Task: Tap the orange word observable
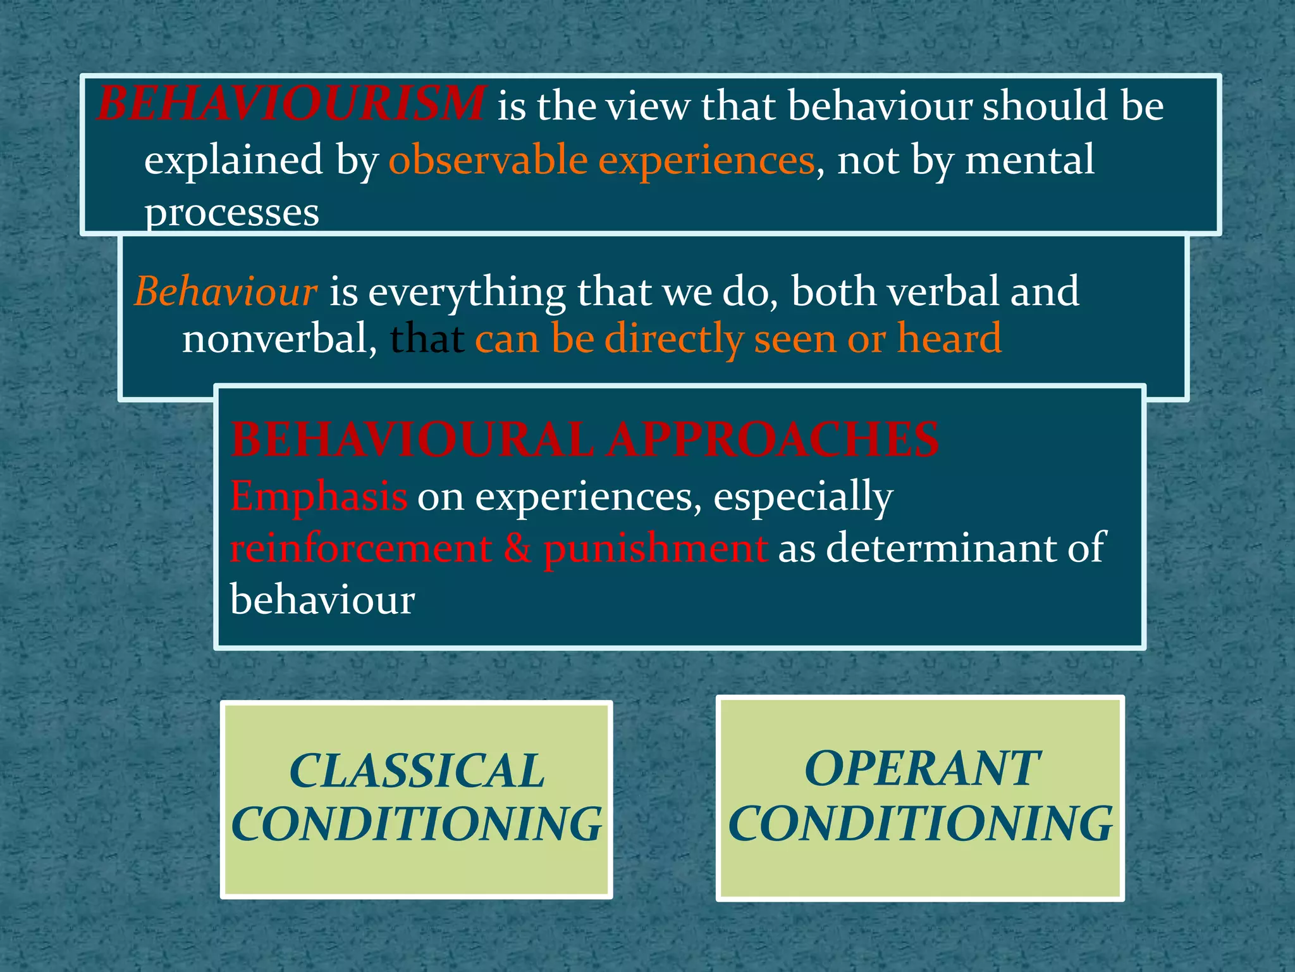tap(488, 159)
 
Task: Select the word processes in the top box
tap(232, 213)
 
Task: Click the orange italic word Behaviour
tap(226, 292)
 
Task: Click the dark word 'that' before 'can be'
tap(427, 339)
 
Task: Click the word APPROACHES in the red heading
tap(773, 439)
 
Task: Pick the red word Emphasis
tap(319, 496)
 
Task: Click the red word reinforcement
tap(361, 548)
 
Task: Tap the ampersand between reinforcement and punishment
tap(518, 548)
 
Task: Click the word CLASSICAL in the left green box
tap(417, 771)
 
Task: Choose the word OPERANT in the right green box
tap(921, 769)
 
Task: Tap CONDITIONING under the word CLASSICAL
tap(417, 825)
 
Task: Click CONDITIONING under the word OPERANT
tap(921, 823)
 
